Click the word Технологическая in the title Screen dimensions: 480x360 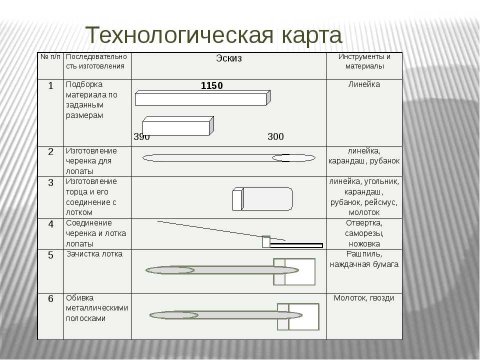click(179, 35)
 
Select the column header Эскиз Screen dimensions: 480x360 click(229, 58)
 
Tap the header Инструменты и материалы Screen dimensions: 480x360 click(364, 61)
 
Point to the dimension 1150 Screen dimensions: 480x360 click(212, 85)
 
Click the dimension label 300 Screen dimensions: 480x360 click(275, 136)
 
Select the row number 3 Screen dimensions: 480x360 click(51, 183)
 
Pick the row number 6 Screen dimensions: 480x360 click(51, 298)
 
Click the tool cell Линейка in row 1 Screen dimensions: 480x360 click(364, 84)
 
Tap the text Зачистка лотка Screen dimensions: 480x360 click(94, 254)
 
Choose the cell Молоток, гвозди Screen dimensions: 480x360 click(364, 298)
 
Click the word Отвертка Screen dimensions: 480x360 click(364, 223)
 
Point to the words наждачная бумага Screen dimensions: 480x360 click(364, 264)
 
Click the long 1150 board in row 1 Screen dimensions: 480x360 click(202, 97)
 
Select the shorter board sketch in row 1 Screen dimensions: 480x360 click(178, 126)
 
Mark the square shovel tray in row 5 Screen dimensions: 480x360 click(294, 272)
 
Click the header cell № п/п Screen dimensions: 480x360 click(50, 56)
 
